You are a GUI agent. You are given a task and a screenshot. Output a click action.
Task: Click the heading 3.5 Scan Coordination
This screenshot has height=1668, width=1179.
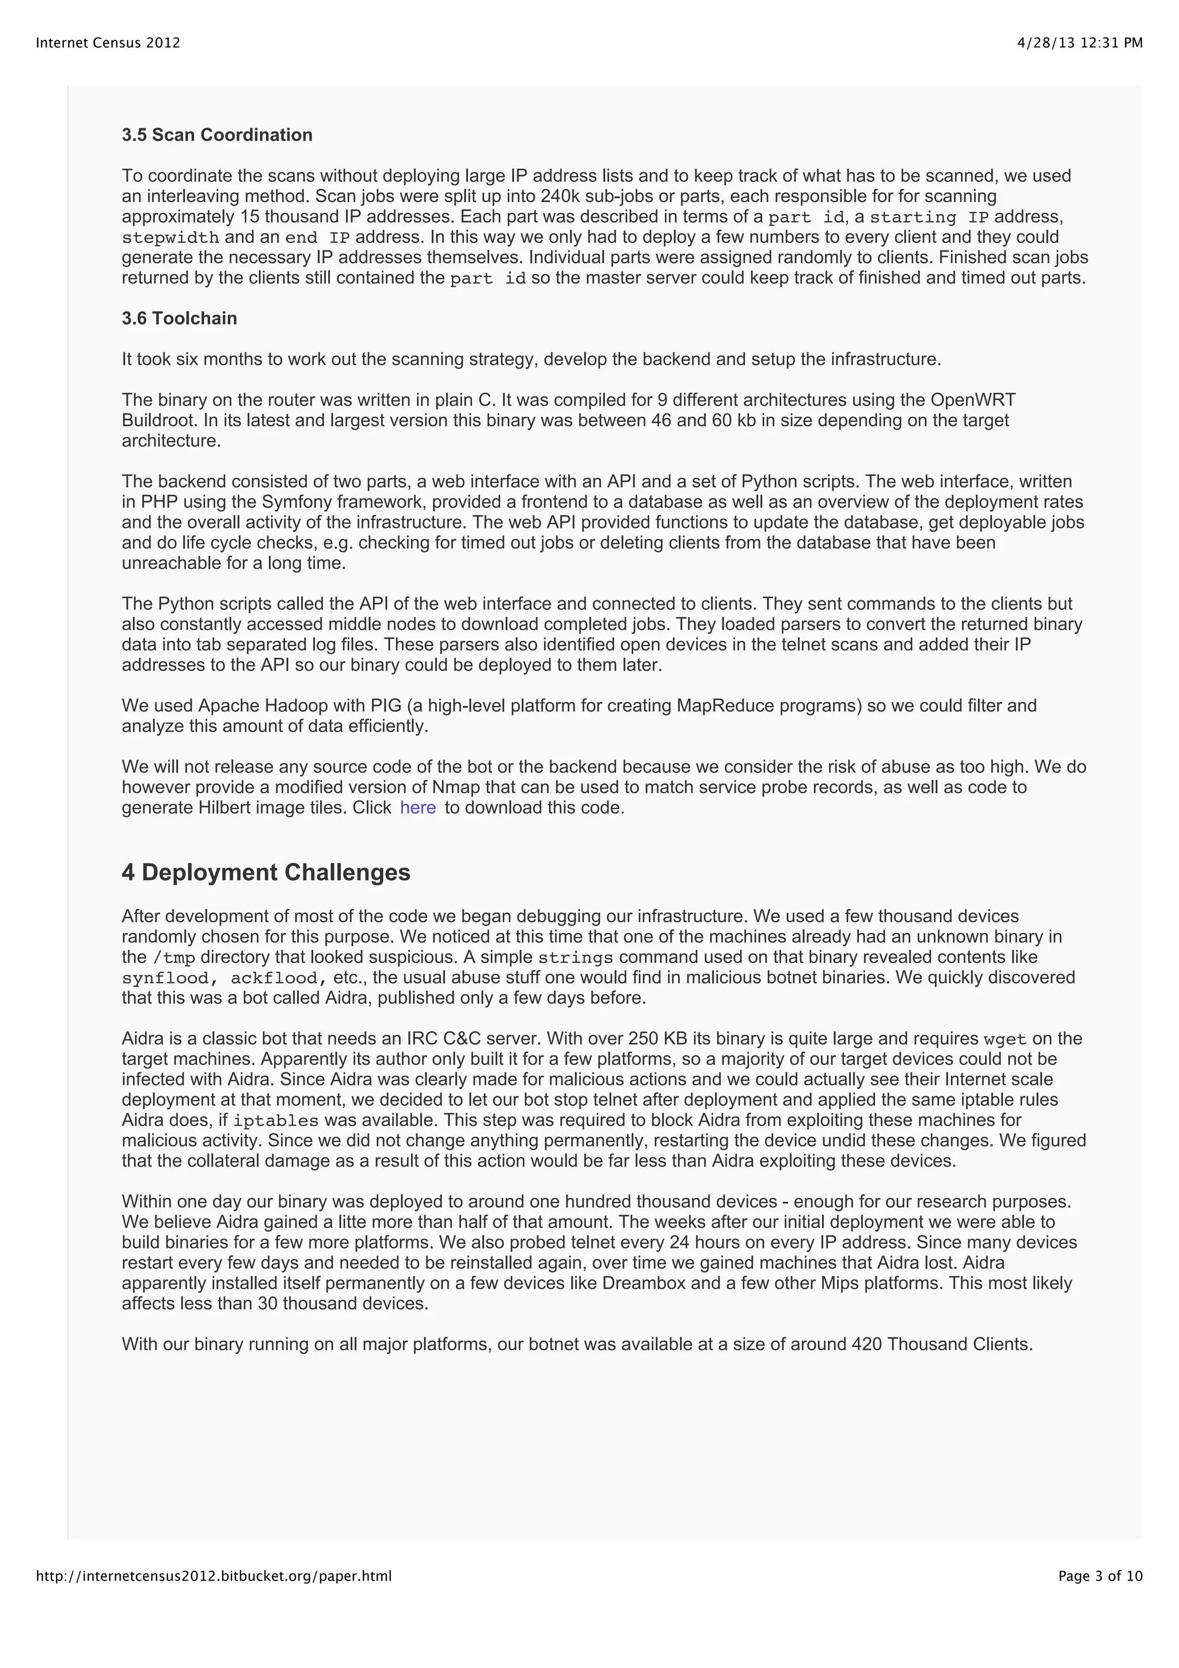pos(216,135)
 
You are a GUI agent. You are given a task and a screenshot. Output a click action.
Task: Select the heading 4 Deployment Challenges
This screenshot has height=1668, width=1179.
pos(266,873)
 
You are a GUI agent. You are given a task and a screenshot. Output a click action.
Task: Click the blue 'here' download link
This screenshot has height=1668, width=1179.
pos(418,808)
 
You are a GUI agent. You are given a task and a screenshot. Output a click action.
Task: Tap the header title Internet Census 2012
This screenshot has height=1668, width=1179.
pos(108,43)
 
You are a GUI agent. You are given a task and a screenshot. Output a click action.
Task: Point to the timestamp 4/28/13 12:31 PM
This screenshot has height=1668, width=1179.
pos(1079,43)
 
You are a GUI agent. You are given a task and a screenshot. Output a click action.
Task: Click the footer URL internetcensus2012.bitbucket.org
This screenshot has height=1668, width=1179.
pos(214,1576)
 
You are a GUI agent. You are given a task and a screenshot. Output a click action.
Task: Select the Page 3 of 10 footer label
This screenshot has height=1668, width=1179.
pos(1100,1576)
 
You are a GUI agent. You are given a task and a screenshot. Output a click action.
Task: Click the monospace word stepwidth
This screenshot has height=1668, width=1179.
pos(170,238)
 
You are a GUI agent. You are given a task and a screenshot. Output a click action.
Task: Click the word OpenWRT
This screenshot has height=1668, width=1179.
pos(973,400)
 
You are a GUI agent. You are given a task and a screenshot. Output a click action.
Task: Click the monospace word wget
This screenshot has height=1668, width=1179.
pos(1005,1039)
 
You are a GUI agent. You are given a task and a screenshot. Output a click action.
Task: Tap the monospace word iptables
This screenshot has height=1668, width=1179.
pos(275,1121)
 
